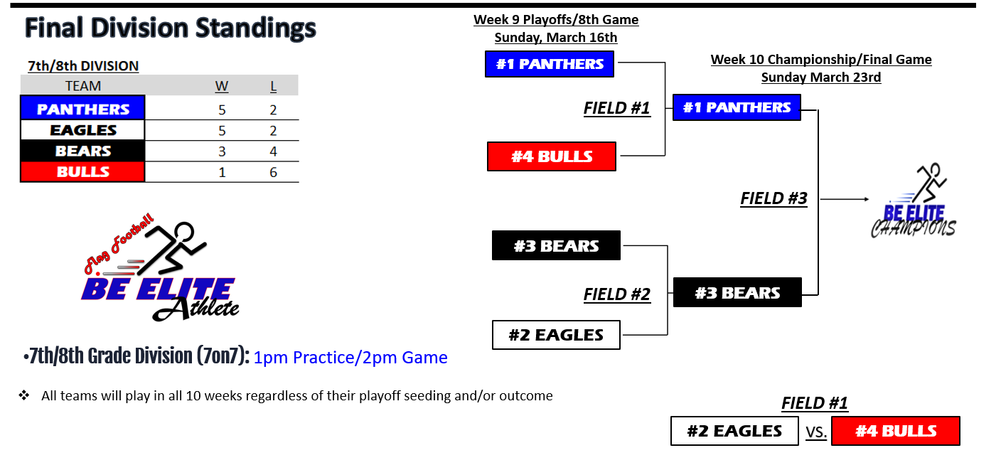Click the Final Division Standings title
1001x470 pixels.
(170, 28)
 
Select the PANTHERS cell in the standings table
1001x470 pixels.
(82, 109)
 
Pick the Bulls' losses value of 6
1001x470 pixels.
(273, 173)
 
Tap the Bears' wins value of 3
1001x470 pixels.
(222, 151)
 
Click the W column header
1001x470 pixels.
(222, 86)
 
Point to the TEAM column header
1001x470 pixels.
(83, 86)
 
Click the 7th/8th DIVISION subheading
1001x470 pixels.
(83, 66)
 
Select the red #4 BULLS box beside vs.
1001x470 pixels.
(896, 431)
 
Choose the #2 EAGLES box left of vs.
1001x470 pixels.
(734, 431)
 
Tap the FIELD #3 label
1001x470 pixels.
(774, 198)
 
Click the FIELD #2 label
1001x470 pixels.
(617, 294)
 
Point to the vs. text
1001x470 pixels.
(816, 432)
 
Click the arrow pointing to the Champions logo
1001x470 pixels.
(845, 199)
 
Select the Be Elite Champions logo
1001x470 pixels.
(914, 200)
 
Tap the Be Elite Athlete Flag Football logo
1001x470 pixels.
(160, 267)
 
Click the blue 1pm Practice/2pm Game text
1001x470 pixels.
(350, 358)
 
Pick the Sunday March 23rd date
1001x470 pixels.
(821, 78)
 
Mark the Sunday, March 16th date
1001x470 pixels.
(556, 38)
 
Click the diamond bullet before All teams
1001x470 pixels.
(24, 395)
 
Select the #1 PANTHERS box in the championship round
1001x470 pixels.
(737, 107)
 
